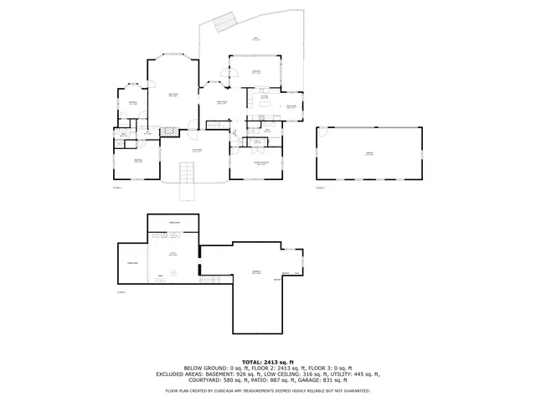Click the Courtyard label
pos(196,151)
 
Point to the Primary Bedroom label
pos(261,163)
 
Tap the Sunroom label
pos(256,73)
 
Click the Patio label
pos(255,39)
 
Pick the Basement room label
pos(256,273)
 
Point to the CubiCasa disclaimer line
pos(267,390)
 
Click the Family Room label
pos(223,102)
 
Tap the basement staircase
pos(170,131)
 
